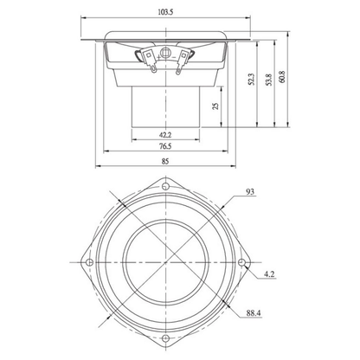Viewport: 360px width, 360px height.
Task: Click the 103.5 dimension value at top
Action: [x=165, y=12]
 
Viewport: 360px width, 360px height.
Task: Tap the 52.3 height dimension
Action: [x=252, y=80]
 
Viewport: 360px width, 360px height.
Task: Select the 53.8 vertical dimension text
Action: [x=269, y=80]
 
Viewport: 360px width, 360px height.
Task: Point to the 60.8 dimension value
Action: [x=282, y=77]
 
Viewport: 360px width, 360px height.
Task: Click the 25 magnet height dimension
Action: [x=215, y=106]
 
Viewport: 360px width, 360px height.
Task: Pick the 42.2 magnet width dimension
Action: [x=165, y=135]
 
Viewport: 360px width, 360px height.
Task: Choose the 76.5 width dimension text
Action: [x=165, y=146]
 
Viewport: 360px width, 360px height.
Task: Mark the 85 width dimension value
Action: [x=165, y=161]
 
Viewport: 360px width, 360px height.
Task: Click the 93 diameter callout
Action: [x=250, y=191]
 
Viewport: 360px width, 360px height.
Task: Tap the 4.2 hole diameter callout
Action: [x=269, y=274]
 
